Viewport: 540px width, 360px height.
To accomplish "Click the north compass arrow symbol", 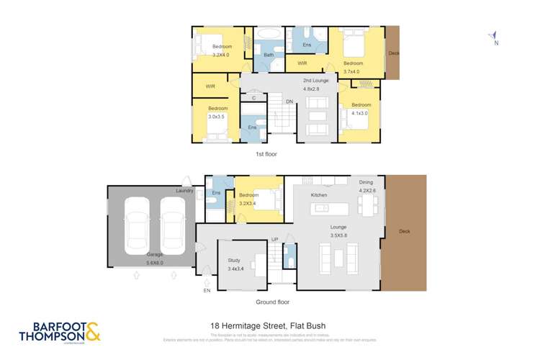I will pyautogui.click(x=493, y=37).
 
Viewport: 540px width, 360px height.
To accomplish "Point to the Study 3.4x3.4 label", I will pyautogui.click(x=234, y=264).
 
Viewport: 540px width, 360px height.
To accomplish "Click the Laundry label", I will pyautogui.click(x=185, y=191).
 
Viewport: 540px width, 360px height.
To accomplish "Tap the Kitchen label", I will pyautogui.click(x=319, y=195).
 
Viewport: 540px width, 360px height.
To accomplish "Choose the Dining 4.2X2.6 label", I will pyautogui.click(x=367, y=186).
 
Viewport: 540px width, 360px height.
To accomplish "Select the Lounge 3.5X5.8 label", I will pyautogui.click(x=339, y=231).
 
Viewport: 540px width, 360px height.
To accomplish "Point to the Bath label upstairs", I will pyautogui.click(x=269, y=55).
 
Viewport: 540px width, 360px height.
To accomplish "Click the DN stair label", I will pyautogui.click(x=289, y=102).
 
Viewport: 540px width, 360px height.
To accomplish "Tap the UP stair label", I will pyautogui.click(x=274, y=240).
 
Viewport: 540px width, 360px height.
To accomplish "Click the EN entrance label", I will pyautogui.click(x=207, y=290).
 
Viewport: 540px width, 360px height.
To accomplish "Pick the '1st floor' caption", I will pyautogui.click(x=266, y=154).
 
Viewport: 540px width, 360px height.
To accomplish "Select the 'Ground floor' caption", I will pyautogui.click(x=273, y=302).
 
